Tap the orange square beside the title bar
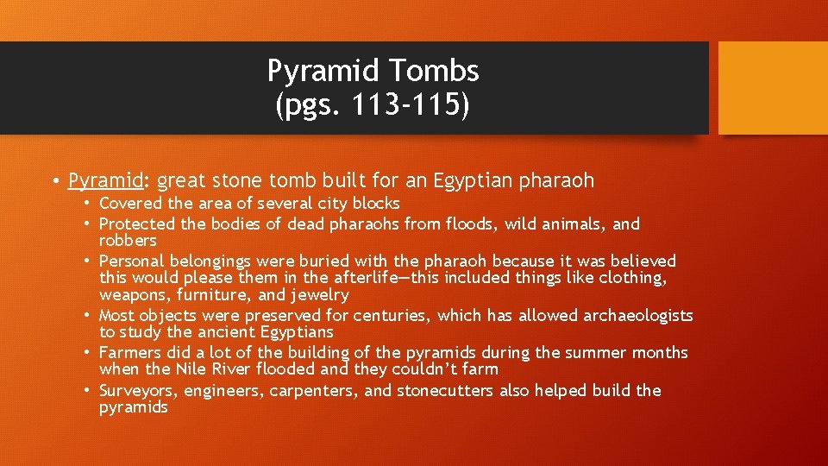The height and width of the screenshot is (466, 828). (772, 89)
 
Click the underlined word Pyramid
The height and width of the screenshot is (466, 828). (104, 181)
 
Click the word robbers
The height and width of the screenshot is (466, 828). (128, 241)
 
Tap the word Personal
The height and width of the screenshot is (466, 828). (132, 261)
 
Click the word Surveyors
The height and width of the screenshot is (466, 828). (138, 391)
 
